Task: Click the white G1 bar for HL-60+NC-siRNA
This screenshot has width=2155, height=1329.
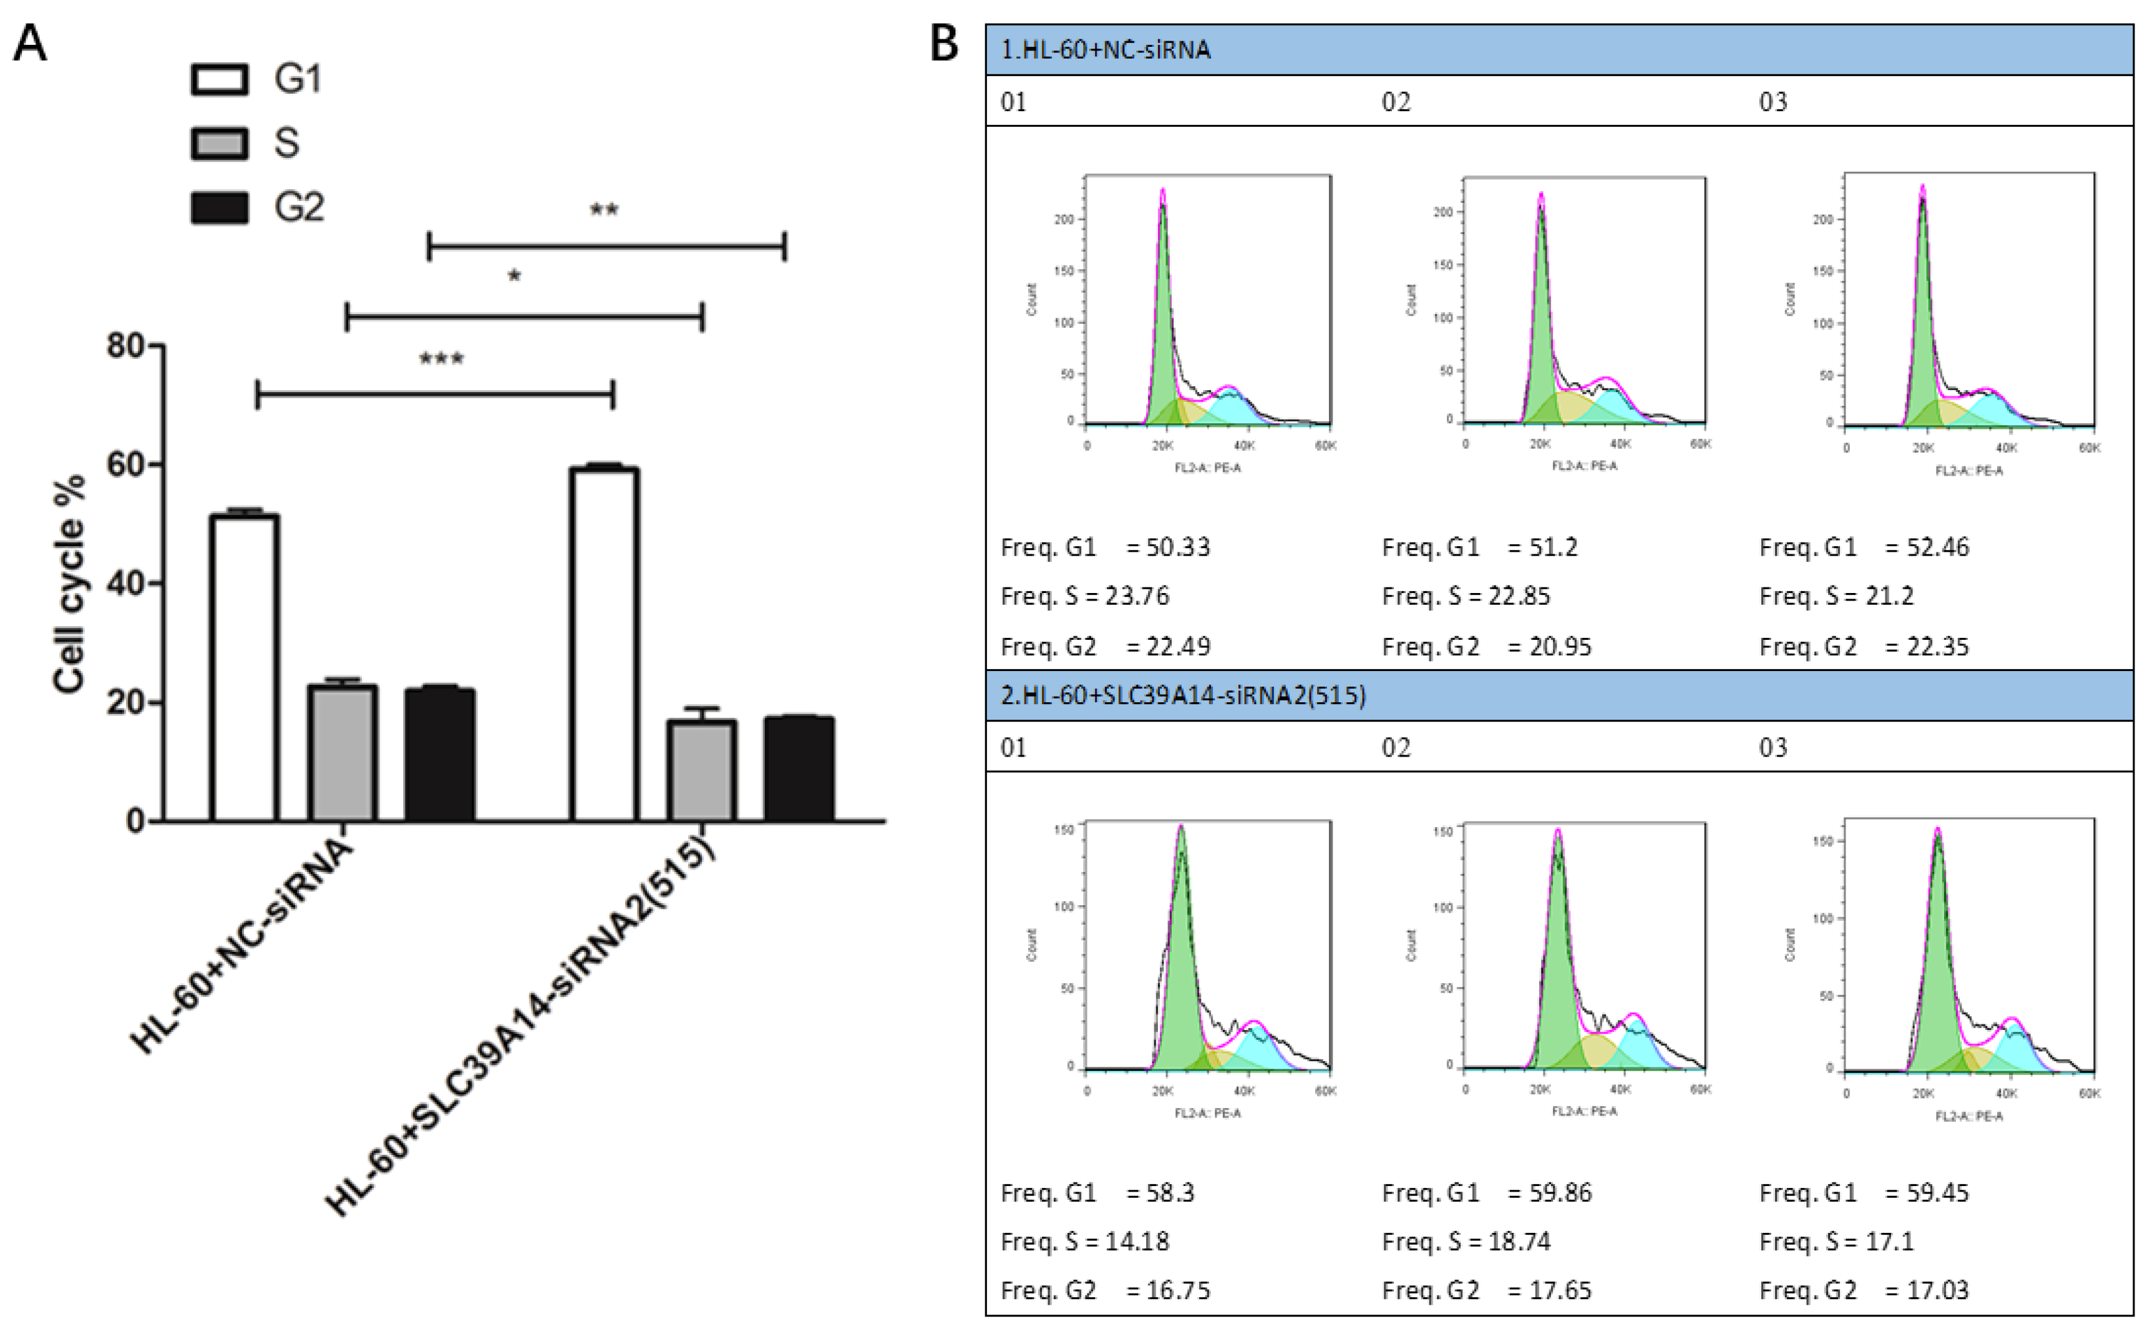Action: click(245, 668)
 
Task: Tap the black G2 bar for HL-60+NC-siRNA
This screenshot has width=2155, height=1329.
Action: click(440, 755)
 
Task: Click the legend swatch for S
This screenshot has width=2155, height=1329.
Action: click(220, 144)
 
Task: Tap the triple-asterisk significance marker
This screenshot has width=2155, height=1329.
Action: click(441, 358)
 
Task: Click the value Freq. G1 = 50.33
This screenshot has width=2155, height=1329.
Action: click(1105, 547)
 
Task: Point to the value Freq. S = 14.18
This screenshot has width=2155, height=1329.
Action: click(1085, 1241)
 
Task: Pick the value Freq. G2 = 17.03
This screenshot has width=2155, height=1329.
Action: click(1864, 1290)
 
